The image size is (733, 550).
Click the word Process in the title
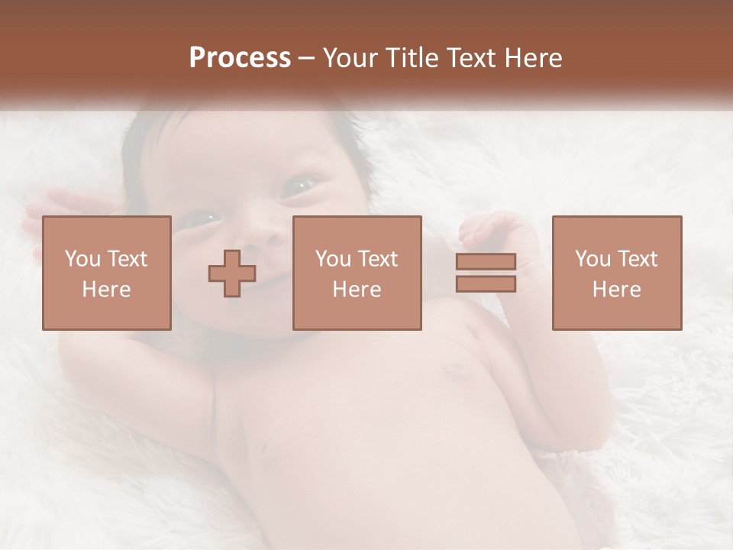tap(240, 58)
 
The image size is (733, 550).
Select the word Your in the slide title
tap(350, 58)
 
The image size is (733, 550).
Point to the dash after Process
tap(307, 59)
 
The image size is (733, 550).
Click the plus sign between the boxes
tap(232, 273)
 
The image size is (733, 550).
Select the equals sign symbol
tap(486, 273)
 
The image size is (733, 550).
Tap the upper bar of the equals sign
tap(486, 262)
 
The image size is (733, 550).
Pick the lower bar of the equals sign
tap(486, 284)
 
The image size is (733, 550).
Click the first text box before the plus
tap(106, 273)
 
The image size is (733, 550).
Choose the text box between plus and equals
tap(357, 273)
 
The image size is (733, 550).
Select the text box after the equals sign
tap(616, 273)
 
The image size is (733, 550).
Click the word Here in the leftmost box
tap(106, 290)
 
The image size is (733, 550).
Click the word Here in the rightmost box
tap(616, 290)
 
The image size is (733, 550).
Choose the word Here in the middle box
tap(357, 290)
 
